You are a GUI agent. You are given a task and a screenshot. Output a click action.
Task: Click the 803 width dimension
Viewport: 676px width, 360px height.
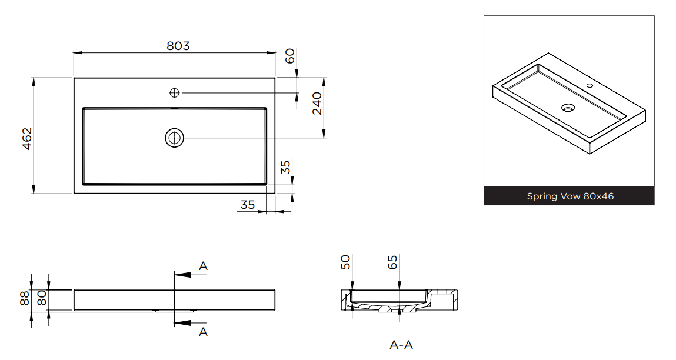pos(178,45)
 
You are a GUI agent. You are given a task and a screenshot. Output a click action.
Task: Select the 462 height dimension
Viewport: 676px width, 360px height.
pos(27,138)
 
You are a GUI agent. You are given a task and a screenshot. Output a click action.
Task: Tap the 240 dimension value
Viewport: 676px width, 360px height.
pos(317,104)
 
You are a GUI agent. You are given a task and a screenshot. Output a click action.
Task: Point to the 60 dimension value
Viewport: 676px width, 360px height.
pos(289,56)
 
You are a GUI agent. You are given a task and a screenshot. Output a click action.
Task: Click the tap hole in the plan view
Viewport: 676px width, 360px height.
pos(175,92)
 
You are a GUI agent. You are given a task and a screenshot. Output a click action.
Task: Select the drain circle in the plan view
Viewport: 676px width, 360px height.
pos(175,138)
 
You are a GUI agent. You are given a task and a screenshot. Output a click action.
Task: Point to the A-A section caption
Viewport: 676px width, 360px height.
pos(401,345)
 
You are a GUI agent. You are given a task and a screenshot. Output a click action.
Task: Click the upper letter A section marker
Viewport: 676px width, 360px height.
pos(203,266)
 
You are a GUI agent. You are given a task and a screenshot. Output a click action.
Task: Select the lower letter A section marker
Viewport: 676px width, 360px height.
pos(203,332)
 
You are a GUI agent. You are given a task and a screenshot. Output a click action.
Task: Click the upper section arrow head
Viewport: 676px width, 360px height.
pos(179,274)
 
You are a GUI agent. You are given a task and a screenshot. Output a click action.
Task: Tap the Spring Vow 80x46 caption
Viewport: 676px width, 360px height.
pos(570,196)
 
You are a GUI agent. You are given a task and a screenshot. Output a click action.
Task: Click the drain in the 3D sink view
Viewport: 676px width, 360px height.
pos(568,108)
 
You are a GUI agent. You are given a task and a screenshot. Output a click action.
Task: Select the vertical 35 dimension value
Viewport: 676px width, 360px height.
pos(285,168)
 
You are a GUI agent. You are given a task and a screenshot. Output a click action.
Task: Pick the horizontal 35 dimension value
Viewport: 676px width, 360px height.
pos(248,205)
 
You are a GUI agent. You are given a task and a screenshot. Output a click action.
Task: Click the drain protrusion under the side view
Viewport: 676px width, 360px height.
pos(174,311)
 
